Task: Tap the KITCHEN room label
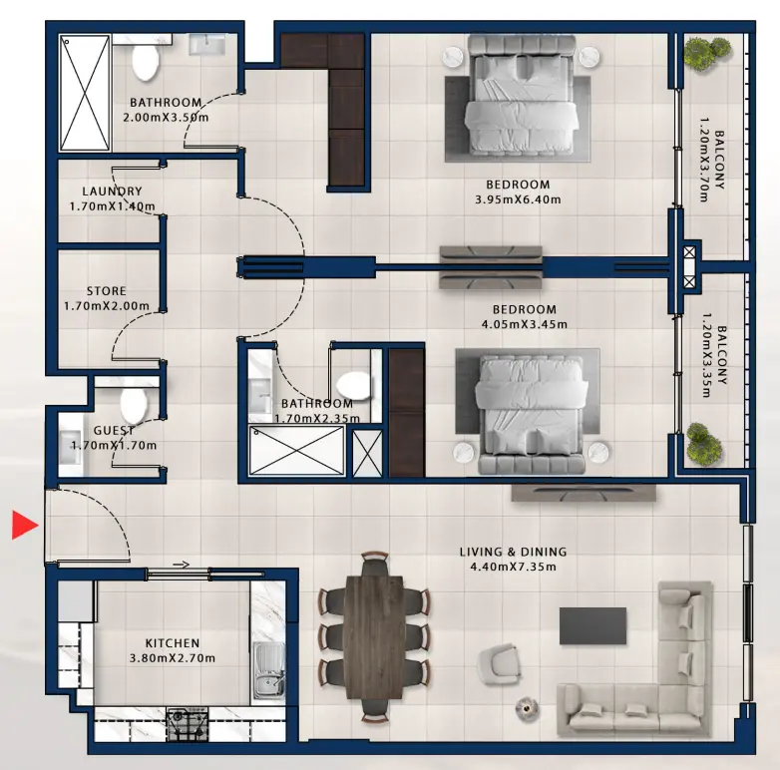pos(173,643)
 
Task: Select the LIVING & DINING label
pos(513,552)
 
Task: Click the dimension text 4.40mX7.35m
pos(513,567)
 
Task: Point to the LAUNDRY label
pos(112,192)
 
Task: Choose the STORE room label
pos(106,291)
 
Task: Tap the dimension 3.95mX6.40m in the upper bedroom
pos(518,199)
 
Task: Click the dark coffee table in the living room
pos(592,625)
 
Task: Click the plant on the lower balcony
pos(703,440)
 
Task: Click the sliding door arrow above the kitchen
pos(180,565)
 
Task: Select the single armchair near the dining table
pos(498,663)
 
